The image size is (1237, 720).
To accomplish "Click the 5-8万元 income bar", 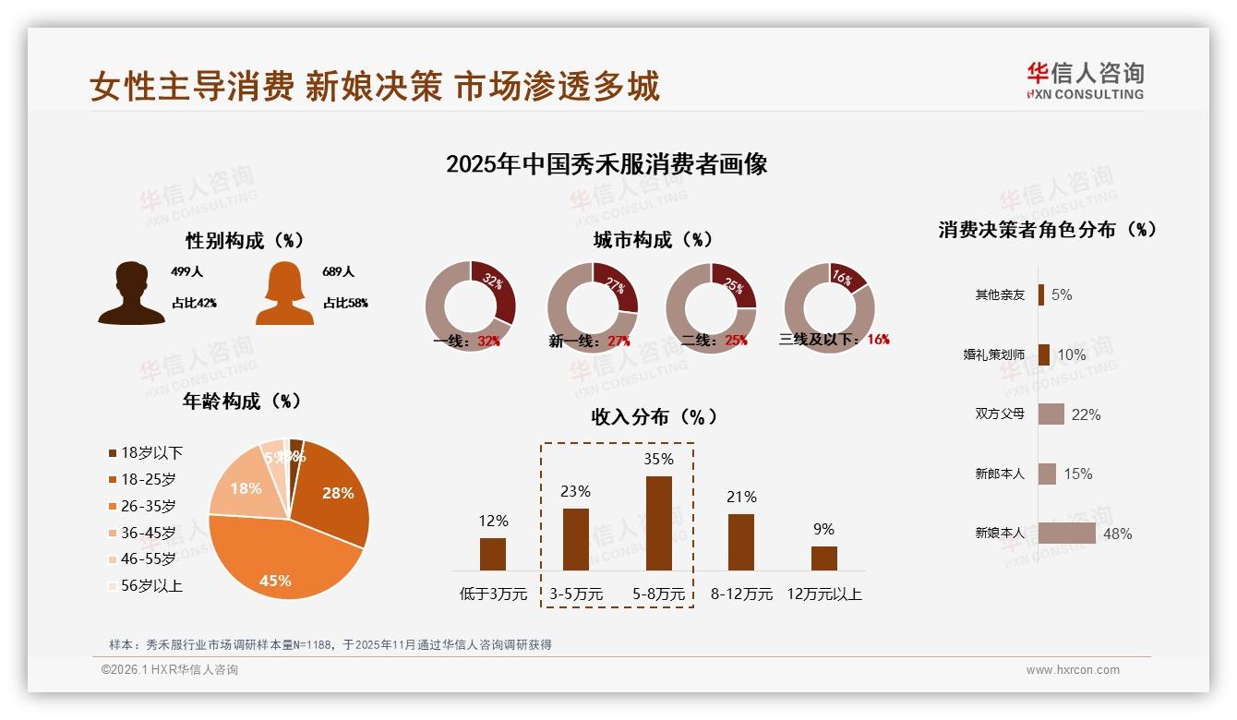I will click(x=658, y=523).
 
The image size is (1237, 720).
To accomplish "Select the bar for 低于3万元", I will click(x=493, y=554).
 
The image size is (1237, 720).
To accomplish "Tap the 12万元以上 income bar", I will click(x=823, y=558).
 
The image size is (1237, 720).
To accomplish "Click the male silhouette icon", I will click(x=131, y=293).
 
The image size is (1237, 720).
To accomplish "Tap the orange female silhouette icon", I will click(x=284, y=293).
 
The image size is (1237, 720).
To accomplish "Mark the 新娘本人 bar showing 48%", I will click(x=1066, y=534).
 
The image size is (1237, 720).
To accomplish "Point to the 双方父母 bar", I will click(x=1051, y=414).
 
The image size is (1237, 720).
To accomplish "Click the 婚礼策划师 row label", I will click(x=993, y=354).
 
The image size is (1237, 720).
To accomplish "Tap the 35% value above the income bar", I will click(x=658, y=459).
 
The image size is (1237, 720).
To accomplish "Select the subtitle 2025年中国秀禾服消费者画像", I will click(x=606, y=164).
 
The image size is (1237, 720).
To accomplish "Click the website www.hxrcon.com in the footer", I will click(x=1073, y=670).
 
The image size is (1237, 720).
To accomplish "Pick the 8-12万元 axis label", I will click(x=741, y=594).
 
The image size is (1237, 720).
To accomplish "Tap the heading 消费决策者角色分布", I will click(x=1047, y=230).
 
